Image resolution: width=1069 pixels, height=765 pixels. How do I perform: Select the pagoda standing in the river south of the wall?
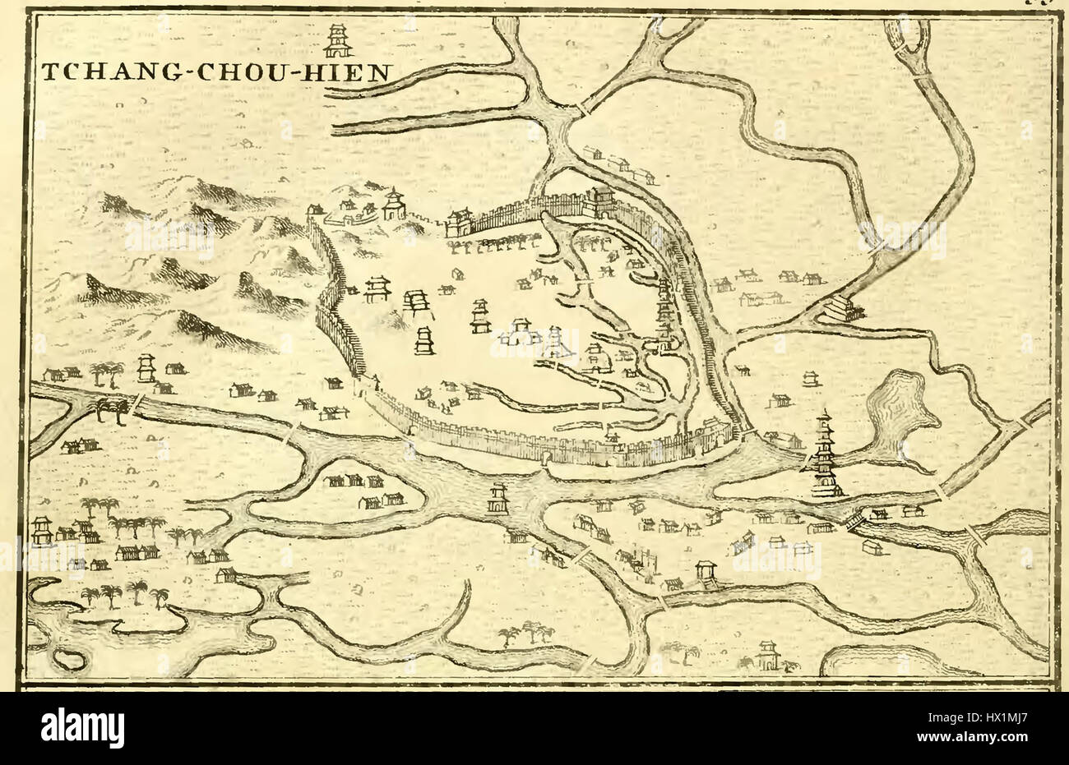pyautogui.click(x=498, y=499)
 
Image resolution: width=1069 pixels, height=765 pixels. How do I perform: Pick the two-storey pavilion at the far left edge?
pyautogui.click(x=41, y=530)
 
